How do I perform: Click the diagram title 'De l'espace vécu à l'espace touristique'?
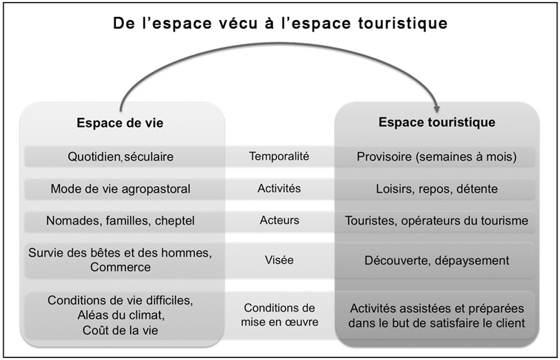pyautogui.click(x=281, y=23)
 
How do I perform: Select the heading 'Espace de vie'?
pyautogui.click(x=120, y=123)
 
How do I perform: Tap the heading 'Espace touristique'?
pyautogui.click(x=437, y=122)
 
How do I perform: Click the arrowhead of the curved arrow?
pyautogui.click(x=436, y=108)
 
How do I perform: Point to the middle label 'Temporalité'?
pyautogui.click(x=279, y=156)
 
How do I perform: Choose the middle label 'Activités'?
pyautogui.click(x=279, y=189)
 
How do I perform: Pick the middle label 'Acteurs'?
pyautogui.click(x=279, y=220)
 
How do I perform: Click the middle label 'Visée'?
pyautogui.click(x=279, y=260)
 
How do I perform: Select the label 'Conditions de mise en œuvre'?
pyautogui.click(x=279, y=315)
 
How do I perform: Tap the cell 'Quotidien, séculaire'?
pyautogui.click(x=121, y=156)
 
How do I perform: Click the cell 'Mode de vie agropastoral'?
pyautogui.click(x=120, y=189)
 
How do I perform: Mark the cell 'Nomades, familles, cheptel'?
pyautogui.click(x=120, y=221)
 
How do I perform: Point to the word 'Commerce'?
pyautogui.click(x=120, y=267)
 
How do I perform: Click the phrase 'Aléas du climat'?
pyautogui.click(x=121, y=316)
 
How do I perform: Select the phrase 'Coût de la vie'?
pyautogui.click(x=120, y=330)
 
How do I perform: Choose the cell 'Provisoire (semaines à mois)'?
pyautogui.click(x=437, y=156)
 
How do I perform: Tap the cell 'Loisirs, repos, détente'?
pyautogui.click(x=437, y=189)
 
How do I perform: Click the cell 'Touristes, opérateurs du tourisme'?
pyautogui.click(x=436, y=221)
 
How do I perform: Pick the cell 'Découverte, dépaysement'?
pyautogui.click(x=437, y=261)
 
